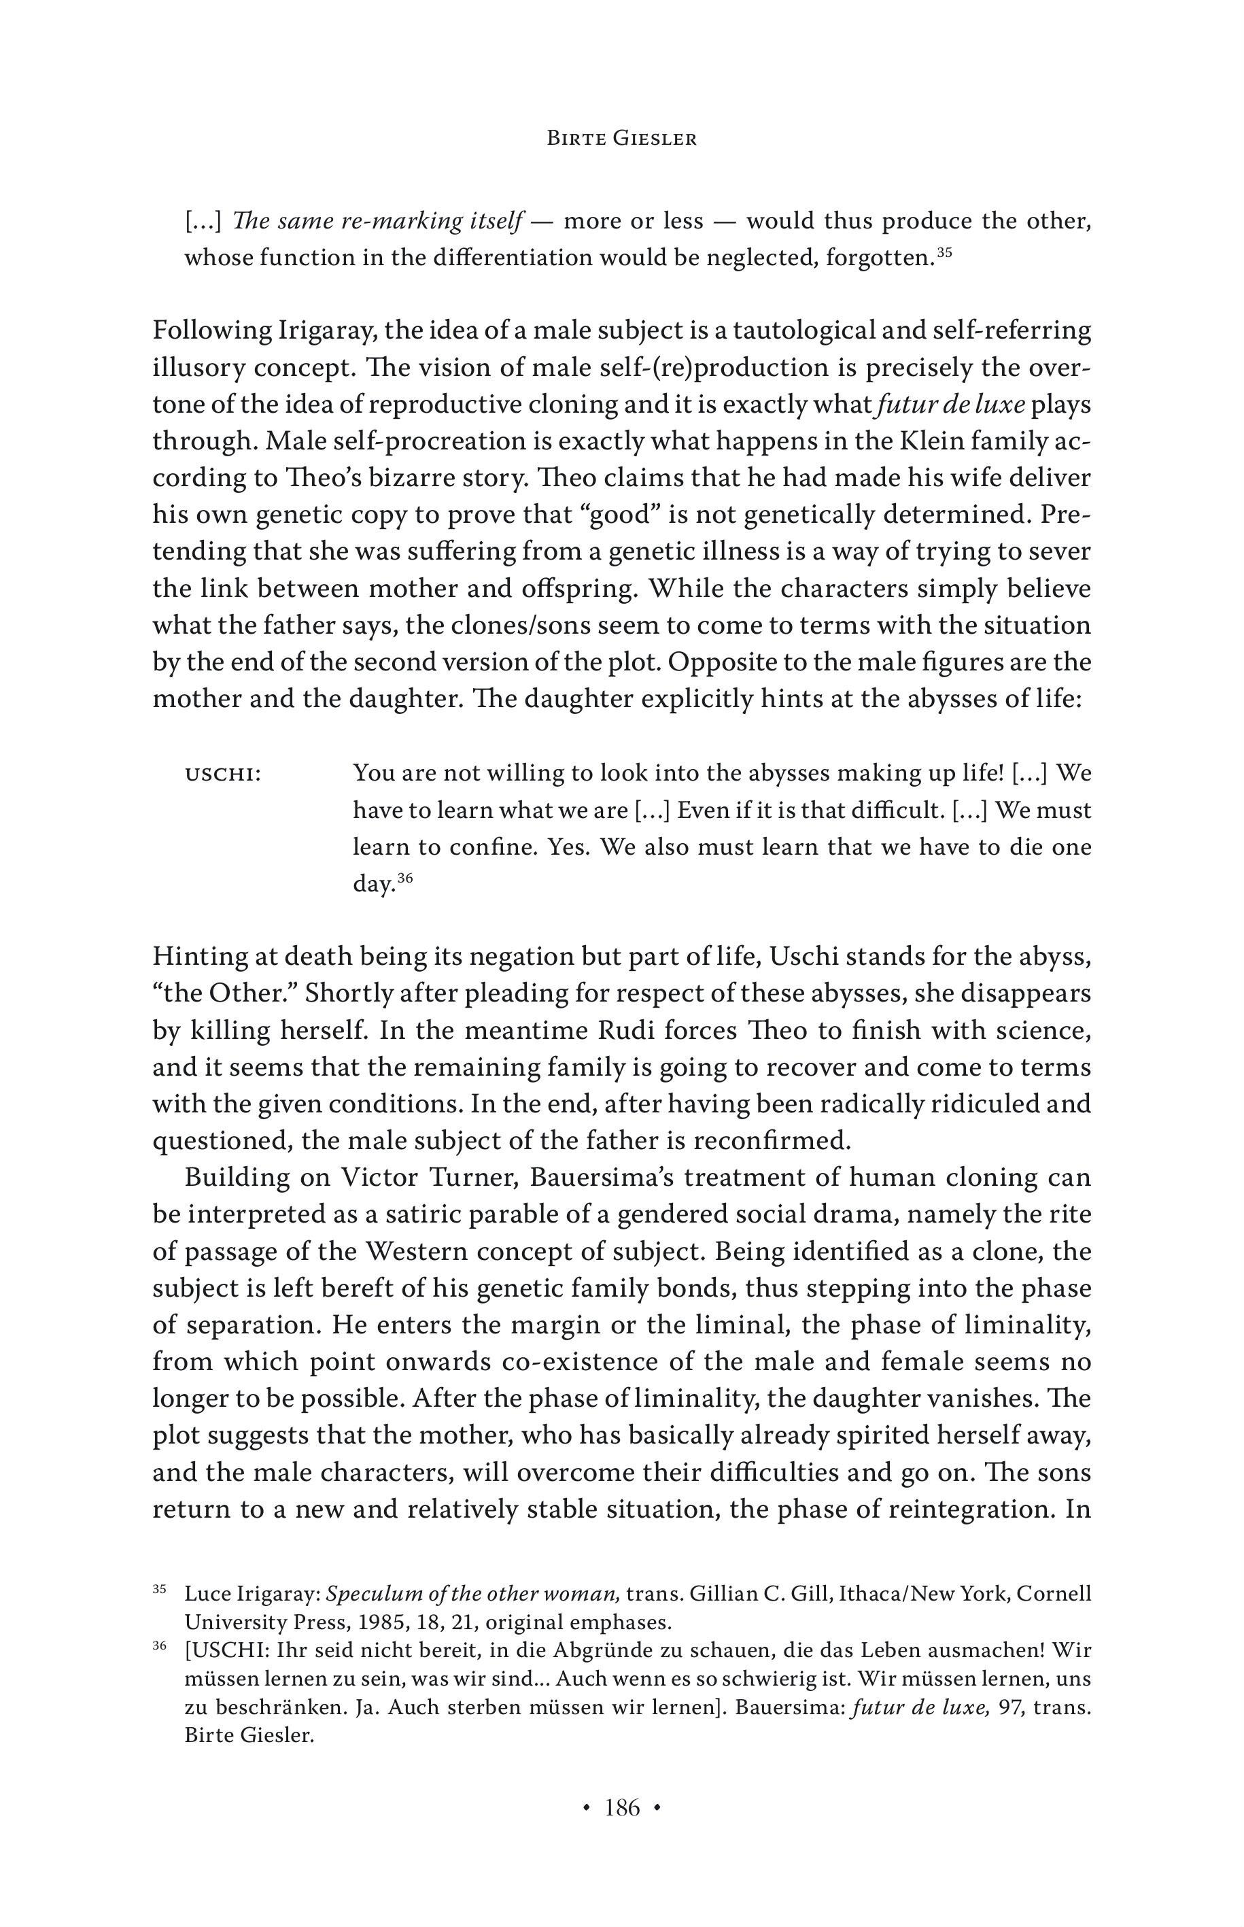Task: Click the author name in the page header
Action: (x=621, y=139)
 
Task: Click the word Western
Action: (x=417, y=1252)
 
